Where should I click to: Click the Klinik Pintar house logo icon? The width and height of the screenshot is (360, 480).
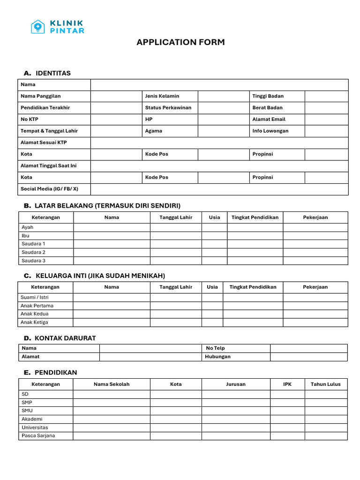[38, 27]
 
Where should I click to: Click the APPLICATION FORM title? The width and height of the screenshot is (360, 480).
[180, 42]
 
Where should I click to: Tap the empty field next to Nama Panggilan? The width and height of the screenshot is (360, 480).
[116, 96]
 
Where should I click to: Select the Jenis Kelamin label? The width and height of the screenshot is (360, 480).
[162, 96]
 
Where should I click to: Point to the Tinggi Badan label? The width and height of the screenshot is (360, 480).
[268, 96]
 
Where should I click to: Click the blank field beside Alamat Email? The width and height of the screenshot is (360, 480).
[326, 119]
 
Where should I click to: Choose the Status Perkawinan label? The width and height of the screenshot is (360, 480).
[168, 108]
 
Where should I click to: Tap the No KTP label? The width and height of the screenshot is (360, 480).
[30, 119]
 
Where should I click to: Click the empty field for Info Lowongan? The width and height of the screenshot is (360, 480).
[326, 131]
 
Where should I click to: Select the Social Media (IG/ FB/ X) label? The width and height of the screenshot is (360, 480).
[49, 189]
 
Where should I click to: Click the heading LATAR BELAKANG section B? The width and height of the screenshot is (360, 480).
[107, 206]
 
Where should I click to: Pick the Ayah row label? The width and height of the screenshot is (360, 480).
[27, 227]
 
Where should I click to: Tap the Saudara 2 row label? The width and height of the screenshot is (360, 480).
[33, 252]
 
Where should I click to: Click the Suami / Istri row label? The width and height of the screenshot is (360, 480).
[34, 297]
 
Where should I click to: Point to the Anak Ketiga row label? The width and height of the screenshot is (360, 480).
[34, 322]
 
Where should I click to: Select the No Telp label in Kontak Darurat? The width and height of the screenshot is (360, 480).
[215, 348]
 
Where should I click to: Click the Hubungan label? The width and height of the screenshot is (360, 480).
[217, 357]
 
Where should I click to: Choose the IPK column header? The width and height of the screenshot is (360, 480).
[287, 384]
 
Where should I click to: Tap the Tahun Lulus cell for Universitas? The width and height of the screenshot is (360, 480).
[326, 427]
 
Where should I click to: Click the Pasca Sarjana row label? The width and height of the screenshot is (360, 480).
[38, 436]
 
